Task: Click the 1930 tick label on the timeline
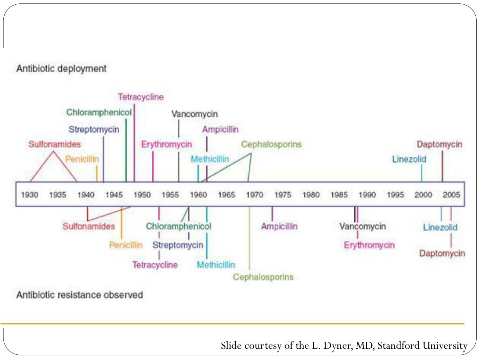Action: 30,195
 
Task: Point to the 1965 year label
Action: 227,195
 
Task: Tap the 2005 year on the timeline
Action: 451,195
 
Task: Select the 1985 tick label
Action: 339,195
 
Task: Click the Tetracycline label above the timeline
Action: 141,97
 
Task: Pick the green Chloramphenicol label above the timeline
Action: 99,112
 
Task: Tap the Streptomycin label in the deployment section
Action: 94,129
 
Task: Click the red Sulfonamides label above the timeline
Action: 54,144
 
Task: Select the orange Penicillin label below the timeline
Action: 126,245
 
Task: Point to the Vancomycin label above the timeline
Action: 195,114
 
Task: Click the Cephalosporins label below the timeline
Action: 263,277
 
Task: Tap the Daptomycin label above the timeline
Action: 440,144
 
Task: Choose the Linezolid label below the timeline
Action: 440,228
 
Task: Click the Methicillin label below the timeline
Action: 216,265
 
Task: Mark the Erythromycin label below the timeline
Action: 369,245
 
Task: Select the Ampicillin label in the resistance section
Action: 279,226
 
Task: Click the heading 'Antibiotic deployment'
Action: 61,68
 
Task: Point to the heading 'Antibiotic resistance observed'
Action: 80,295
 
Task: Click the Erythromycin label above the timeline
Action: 167,144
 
